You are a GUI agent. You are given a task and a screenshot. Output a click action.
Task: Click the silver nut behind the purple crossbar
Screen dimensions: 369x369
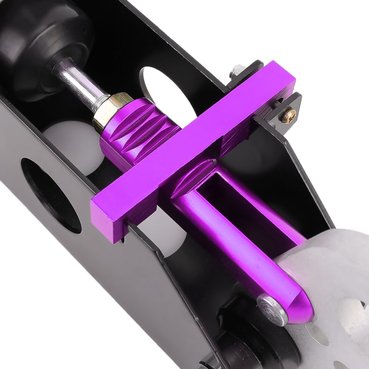(239, 70)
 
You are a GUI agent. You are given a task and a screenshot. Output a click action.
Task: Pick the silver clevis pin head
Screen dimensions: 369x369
(270, 306)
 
